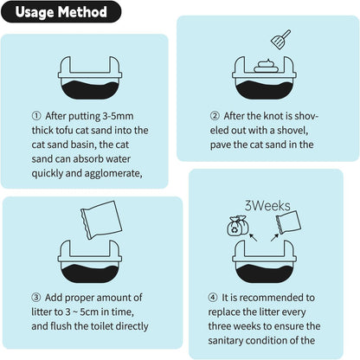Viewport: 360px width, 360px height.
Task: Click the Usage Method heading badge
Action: point(61,12)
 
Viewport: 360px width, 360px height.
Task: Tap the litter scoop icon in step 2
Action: point(280,39)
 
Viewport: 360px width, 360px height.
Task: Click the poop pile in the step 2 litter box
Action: point(266,66)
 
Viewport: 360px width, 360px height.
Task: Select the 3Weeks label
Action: point(267,206)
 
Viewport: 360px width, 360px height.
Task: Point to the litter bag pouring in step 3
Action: point(101,220)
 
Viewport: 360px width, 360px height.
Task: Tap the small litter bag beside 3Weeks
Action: point(288,222)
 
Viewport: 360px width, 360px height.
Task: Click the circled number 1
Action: point(36,116)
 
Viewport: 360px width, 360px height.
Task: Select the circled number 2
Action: point(215,116)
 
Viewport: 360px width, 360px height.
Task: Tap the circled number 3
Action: point(36,298)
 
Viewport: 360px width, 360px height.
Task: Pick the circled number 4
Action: point(213,298)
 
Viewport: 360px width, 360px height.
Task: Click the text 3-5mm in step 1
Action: point(118,116)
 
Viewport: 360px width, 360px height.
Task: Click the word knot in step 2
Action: point(273,116)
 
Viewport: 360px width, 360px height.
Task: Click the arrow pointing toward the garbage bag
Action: point(253,237)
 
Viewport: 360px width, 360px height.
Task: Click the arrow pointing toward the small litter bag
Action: point(274,237)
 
